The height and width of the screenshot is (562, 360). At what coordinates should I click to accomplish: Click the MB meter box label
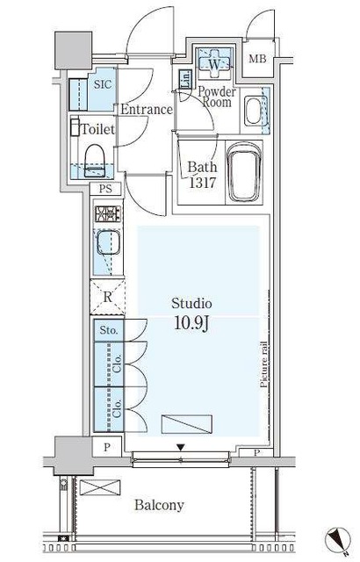[x=257, y=59]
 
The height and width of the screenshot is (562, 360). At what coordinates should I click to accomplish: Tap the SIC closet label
[x=103, y=84]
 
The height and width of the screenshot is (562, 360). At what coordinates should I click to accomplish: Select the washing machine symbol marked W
[x=214, y=64]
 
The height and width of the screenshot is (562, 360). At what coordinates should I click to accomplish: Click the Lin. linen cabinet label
[x=185, y=79]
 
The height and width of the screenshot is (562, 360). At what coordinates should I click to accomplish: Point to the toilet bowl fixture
[x=95, y=160]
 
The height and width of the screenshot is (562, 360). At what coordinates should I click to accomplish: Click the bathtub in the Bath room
[x=245, y=172]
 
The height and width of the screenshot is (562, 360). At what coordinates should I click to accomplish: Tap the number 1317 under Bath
[x=202, y=183]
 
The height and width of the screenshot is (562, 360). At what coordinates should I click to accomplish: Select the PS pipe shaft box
[x=105, y=189]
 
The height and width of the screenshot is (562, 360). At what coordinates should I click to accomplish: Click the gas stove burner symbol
[x=108, y=213]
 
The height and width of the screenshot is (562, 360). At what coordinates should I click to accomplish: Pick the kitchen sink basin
[x=108, y=242]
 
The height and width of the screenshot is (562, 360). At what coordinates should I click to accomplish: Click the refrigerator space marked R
[x=107, y=297]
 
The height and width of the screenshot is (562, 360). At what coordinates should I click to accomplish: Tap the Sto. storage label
[x=109, y=330]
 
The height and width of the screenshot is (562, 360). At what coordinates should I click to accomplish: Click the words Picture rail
[x=264, y=364]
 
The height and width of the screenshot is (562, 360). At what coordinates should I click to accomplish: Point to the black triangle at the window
[x=181, y=447]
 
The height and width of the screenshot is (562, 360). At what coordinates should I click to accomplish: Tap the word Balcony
[x=160, y=505]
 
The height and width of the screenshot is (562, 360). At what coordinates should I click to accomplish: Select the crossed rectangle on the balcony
[x=100, y=487]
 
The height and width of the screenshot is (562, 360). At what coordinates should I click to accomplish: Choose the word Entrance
[x=147, y=109]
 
